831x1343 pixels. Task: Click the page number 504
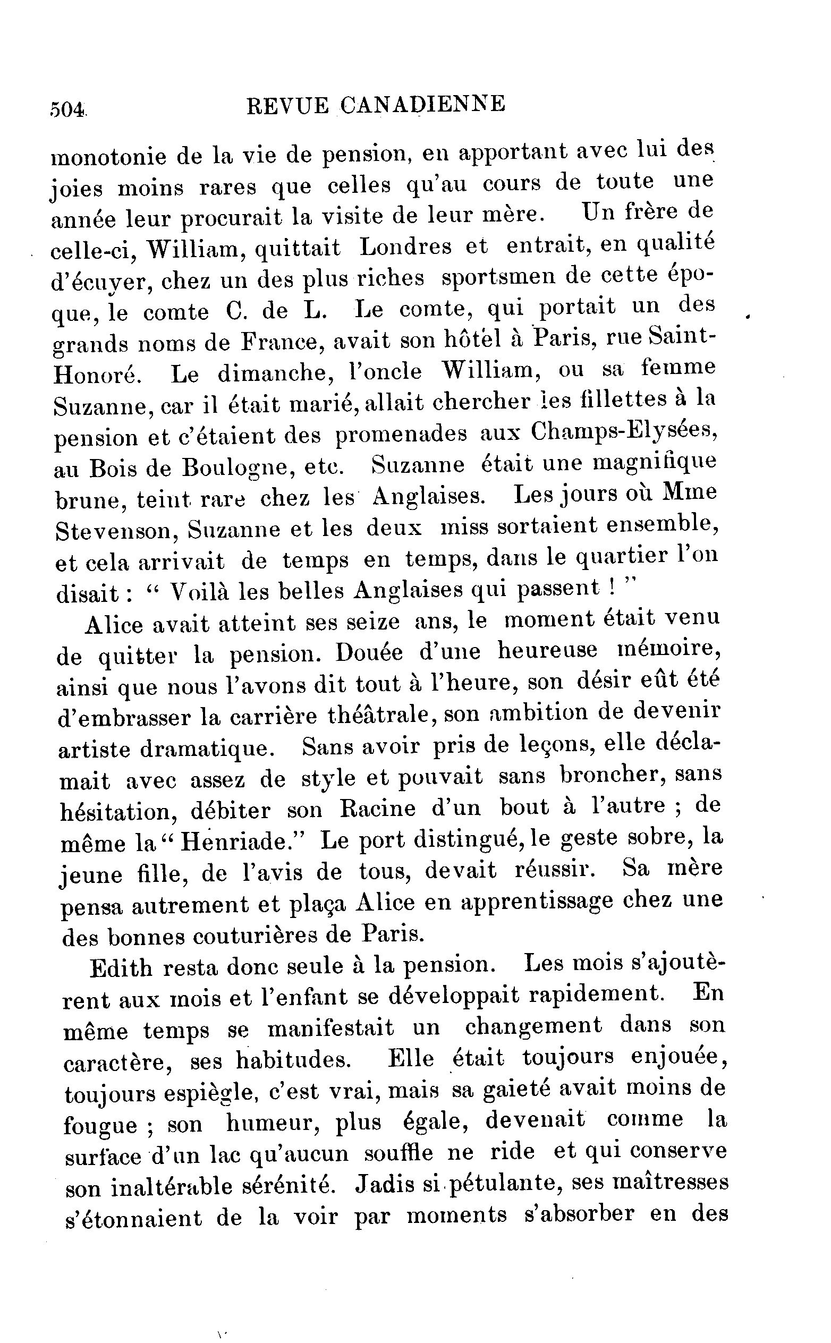point(67,109)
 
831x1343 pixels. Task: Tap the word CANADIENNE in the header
point(421,104)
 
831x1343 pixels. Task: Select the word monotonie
point(108,156)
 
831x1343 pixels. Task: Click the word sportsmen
point(499,277)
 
